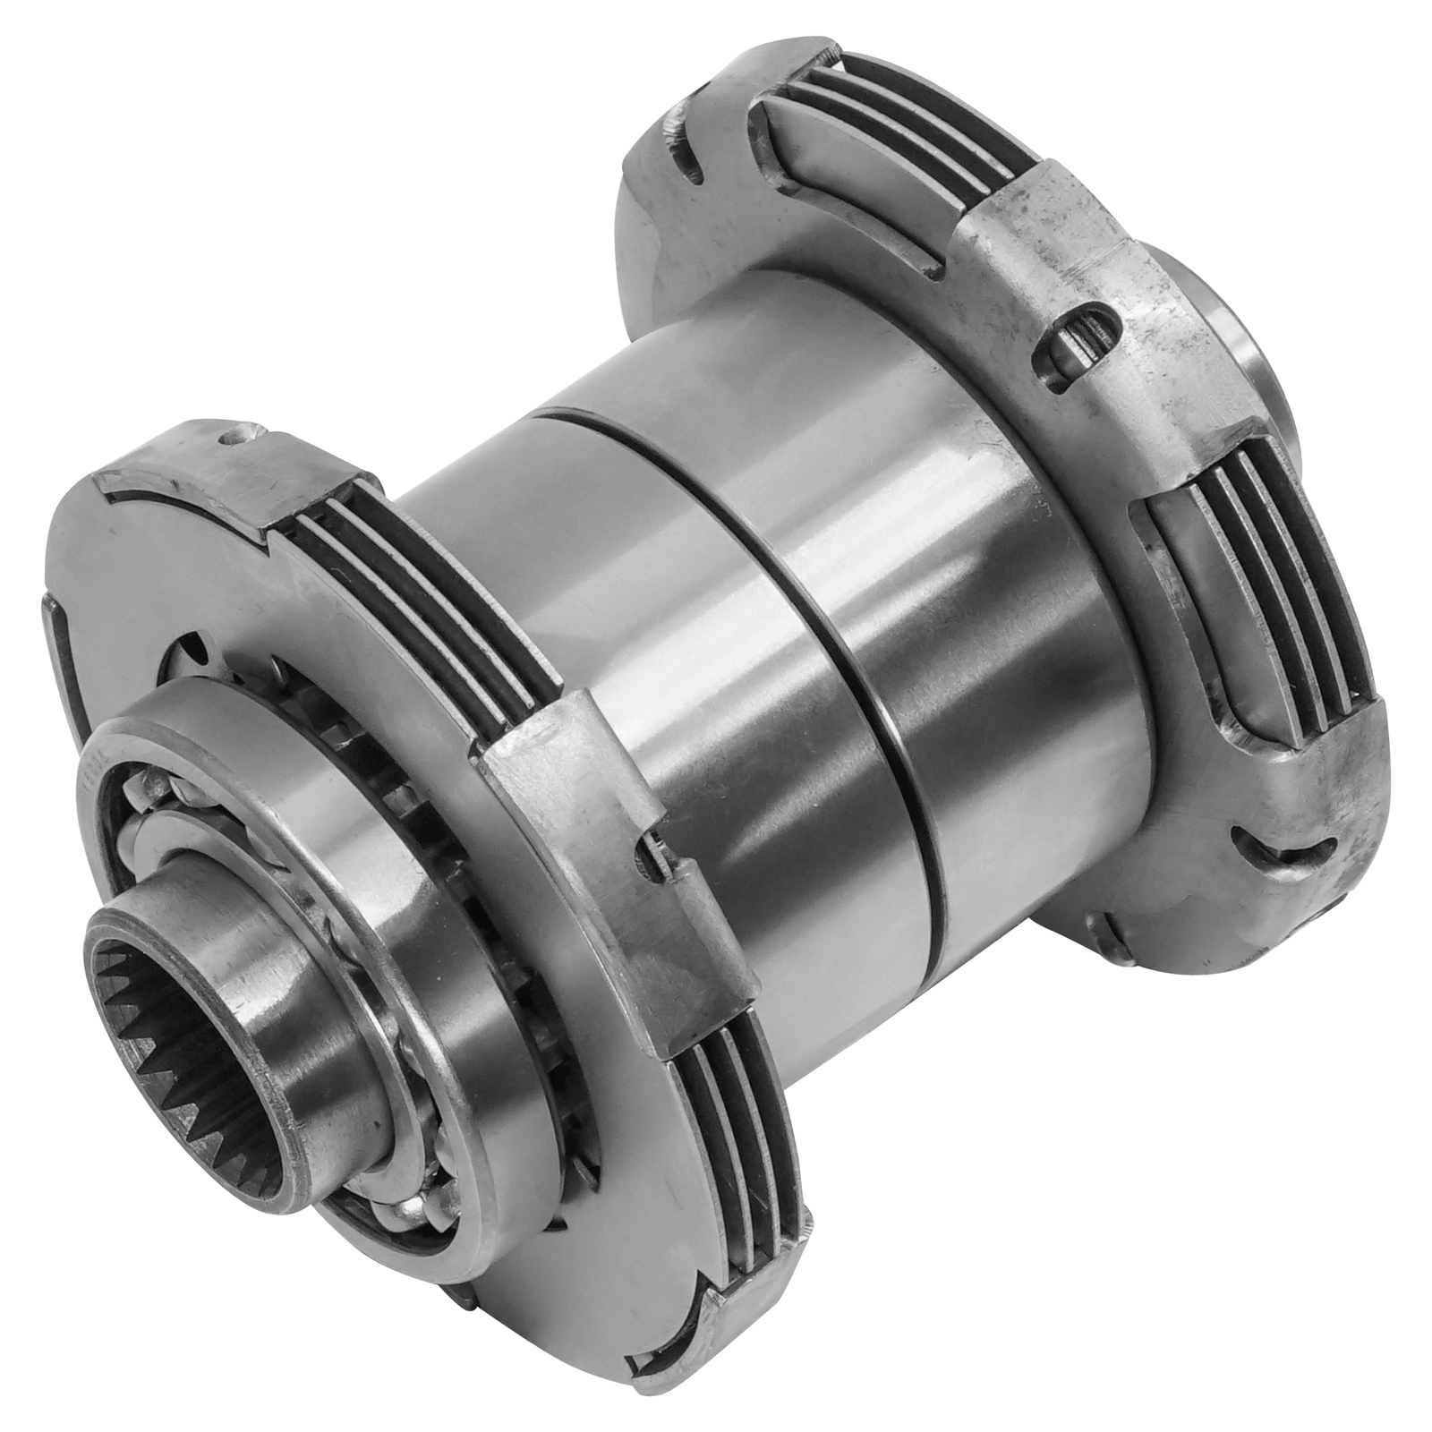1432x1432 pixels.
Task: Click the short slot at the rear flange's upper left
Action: (x=689, y=161)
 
